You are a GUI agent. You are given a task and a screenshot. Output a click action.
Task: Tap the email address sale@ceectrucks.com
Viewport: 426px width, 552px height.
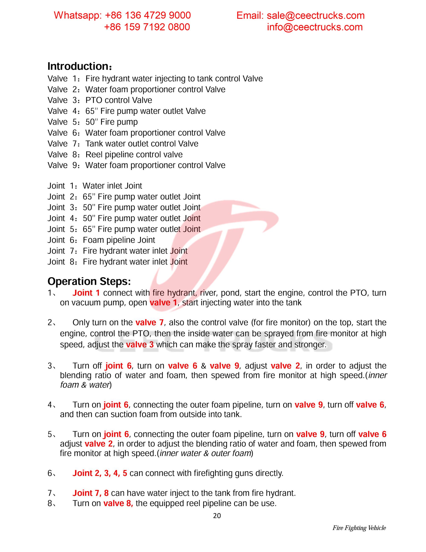315,16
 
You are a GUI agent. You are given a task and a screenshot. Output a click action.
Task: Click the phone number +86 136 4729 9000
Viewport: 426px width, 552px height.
148,16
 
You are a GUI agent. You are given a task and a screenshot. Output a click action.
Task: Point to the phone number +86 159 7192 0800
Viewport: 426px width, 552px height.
147,27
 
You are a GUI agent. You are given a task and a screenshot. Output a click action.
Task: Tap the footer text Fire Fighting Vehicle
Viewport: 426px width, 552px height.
359,528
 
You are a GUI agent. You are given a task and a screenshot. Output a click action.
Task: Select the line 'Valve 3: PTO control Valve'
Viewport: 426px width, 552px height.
100,100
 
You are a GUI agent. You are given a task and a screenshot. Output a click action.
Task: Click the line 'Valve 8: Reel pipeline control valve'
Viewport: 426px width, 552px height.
115,154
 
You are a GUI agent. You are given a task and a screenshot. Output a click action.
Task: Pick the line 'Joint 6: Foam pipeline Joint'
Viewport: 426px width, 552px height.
101,240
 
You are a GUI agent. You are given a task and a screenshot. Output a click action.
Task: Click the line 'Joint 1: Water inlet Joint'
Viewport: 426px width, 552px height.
95,186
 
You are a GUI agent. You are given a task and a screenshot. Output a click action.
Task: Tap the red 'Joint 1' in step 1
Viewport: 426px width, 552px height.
86,293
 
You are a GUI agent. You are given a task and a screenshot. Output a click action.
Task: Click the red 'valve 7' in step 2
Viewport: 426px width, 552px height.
149,323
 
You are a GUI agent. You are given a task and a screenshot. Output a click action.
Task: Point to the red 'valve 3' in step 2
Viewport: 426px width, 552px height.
140,345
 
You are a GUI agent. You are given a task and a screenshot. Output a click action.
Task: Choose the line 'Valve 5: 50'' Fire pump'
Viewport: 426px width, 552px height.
93,122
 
